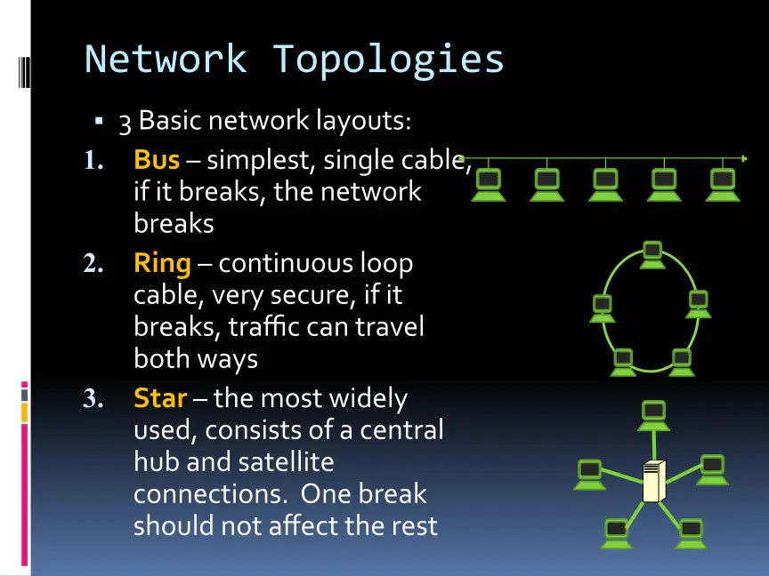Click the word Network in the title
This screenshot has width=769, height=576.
(166, 59)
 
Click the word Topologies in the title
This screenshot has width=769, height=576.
(388, 60)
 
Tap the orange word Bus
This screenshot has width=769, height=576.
(157, 159)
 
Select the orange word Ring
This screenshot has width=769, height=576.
(162, 264)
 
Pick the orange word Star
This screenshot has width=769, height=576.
(160, 397)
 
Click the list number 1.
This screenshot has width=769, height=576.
(93, 160)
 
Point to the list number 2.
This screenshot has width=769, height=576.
(93, 263)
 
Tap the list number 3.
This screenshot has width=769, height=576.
(93, 398)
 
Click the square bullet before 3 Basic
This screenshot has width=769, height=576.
(99, 120)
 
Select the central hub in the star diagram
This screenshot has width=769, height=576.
(654, 481)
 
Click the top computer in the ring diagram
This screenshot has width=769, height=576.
(652, 255)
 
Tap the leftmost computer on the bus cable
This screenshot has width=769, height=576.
(489, 185)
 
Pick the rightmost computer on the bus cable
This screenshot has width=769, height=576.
(723, 185)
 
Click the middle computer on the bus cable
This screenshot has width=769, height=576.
(606, 185)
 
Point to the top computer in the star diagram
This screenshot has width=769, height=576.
(654, 416)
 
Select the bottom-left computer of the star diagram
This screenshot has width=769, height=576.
(617, 534)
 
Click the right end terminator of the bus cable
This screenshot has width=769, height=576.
(744, 159)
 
